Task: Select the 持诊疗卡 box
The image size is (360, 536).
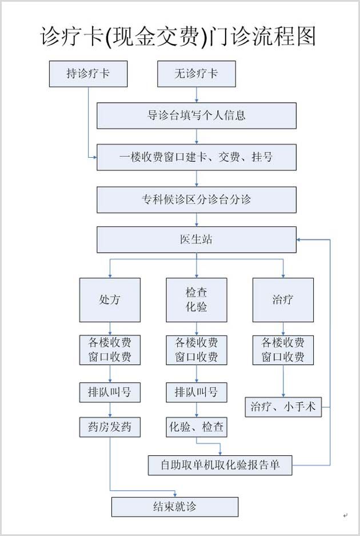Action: click(88, 74)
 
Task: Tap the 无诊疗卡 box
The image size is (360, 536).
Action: click(196, 74)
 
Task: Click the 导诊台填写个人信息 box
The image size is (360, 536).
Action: click(196, 115)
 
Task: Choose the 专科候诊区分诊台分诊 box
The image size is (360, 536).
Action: click(196, 199)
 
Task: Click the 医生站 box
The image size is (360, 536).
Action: click(196, 239)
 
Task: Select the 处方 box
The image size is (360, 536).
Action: click(110, 299)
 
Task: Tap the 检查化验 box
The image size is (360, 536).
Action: click(196, 299)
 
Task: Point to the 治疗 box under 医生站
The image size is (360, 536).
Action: click(283, 299)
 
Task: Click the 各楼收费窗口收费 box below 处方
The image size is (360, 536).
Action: click(110, 350)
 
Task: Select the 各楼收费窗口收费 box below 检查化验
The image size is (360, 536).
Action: click(196, 350)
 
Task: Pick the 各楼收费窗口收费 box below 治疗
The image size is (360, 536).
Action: click(283, 350)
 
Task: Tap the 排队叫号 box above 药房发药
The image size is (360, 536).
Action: click(110, 393)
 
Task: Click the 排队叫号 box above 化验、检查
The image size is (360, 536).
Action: click(196, 393)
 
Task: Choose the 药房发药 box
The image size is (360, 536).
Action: click(110, 427)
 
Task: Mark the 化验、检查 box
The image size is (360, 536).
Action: click(196, 427)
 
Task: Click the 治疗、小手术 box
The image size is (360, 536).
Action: click(283, 407)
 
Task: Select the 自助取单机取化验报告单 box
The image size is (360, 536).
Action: click(220, 465)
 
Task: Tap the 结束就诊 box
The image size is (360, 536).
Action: click(175, 507)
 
